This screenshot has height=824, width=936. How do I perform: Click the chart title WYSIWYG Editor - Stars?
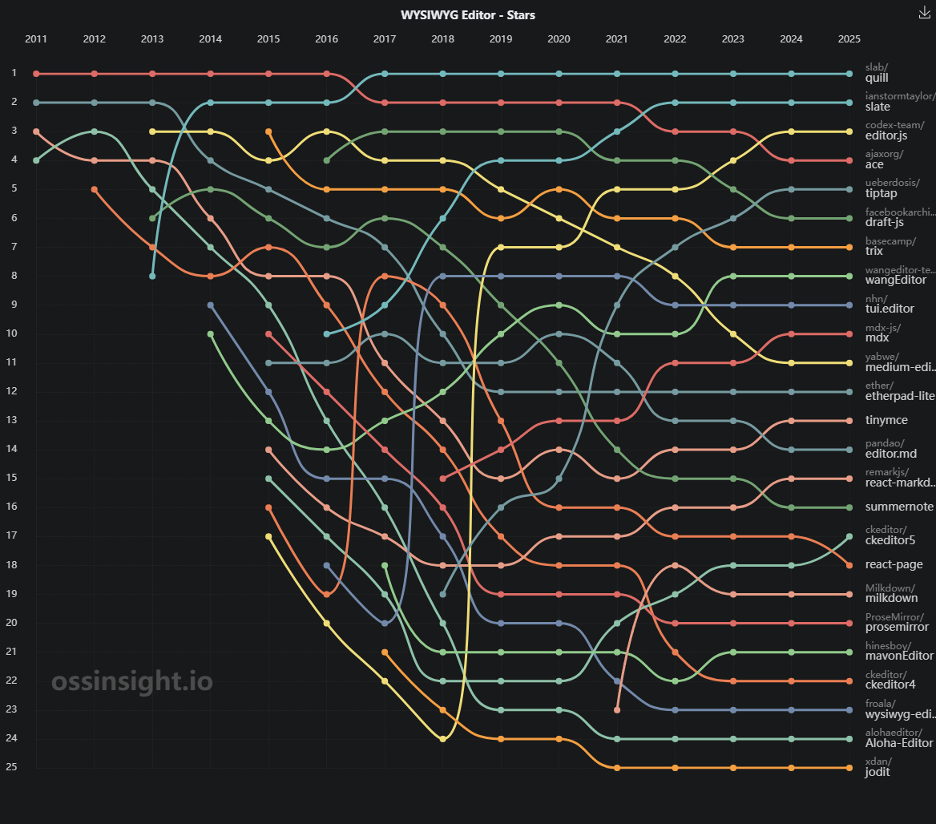pos(467,15)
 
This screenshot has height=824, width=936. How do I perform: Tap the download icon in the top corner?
pos(924,13)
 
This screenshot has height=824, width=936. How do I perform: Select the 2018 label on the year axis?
pos(442,38)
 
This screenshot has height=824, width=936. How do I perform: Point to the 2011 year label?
pos(36,38)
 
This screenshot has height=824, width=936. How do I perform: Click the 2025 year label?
pos(849,38)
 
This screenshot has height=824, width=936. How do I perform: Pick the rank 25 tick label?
pos(11,766)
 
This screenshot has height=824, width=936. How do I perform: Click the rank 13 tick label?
pos(11,420)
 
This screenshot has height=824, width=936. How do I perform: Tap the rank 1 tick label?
pos(14,73)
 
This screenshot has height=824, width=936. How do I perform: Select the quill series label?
pos(877,78)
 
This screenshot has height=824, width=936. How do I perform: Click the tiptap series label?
pos(881,193)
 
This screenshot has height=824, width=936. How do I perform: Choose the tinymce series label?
pos(886,420)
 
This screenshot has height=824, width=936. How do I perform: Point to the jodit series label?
pos(877,771)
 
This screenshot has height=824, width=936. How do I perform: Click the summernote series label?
pos(899,507)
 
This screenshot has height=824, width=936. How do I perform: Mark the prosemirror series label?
pos(898,627)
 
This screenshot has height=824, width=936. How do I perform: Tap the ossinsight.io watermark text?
pos(132,681)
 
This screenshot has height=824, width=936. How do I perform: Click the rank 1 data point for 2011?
pos(36,74)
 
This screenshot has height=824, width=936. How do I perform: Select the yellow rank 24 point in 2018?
pos(443,739)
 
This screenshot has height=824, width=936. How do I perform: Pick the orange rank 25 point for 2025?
pos(849,768)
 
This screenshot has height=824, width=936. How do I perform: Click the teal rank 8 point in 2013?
pos(152,277)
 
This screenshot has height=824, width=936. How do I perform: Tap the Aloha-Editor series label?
pos(899,743)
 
